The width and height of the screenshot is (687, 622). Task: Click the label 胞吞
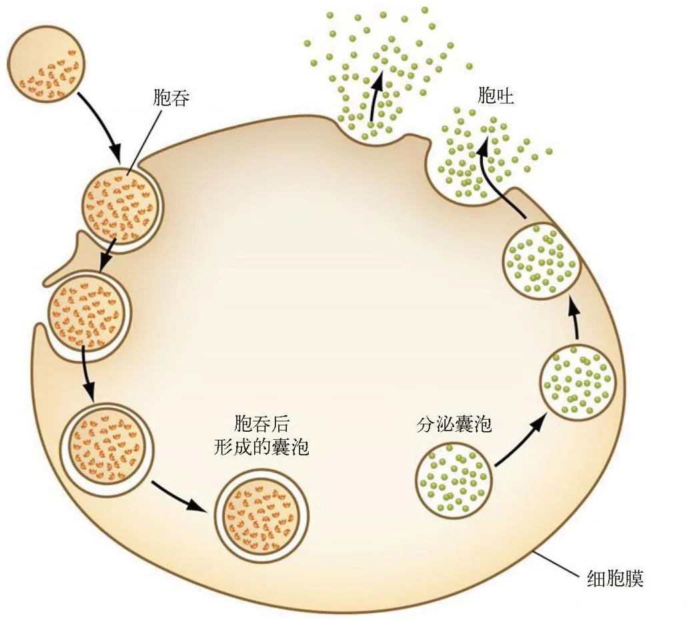pos(171,97)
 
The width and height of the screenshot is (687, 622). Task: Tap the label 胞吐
pos(496,95)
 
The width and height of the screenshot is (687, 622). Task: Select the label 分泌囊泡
pos(454,424)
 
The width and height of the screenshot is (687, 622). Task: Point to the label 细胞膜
pos(615,579)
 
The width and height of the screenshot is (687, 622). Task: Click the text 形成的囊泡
pos(261,448)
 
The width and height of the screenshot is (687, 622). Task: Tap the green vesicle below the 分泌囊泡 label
pos(454,481)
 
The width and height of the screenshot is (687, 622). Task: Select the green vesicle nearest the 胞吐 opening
pos(541,260)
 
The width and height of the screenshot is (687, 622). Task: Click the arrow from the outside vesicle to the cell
pos(103,127)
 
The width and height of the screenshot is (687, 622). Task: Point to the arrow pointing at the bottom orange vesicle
pos(178,496)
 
